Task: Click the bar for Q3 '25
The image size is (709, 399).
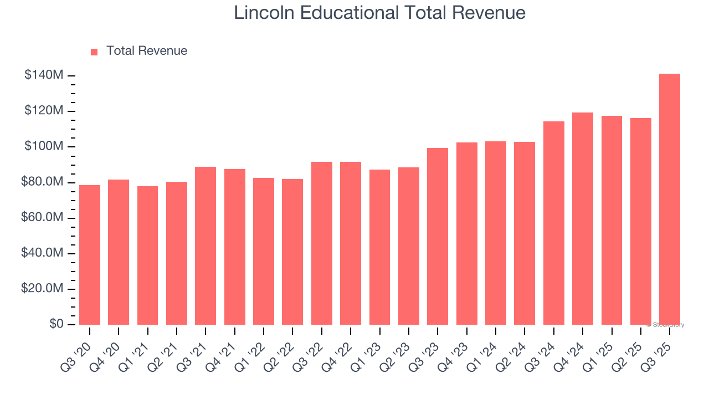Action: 670,199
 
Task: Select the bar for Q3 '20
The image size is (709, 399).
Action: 90,255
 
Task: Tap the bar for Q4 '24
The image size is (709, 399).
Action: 583,219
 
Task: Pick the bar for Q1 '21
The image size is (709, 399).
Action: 148,255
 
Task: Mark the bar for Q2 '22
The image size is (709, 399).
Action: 292,252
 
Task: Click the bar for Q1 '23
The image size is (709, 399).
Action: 379,247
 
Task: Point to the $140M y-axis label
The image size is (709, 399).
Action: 44,75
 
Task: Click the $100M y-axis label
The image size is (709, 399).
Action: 44,147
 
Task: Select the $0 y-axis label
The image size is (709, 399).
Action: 56,324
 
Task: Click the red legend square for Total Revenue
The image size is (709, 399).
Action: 94,52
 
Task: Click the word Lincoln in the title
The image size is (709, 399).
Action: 264,12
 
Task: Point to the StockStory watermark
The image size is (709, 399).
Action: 665,325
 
